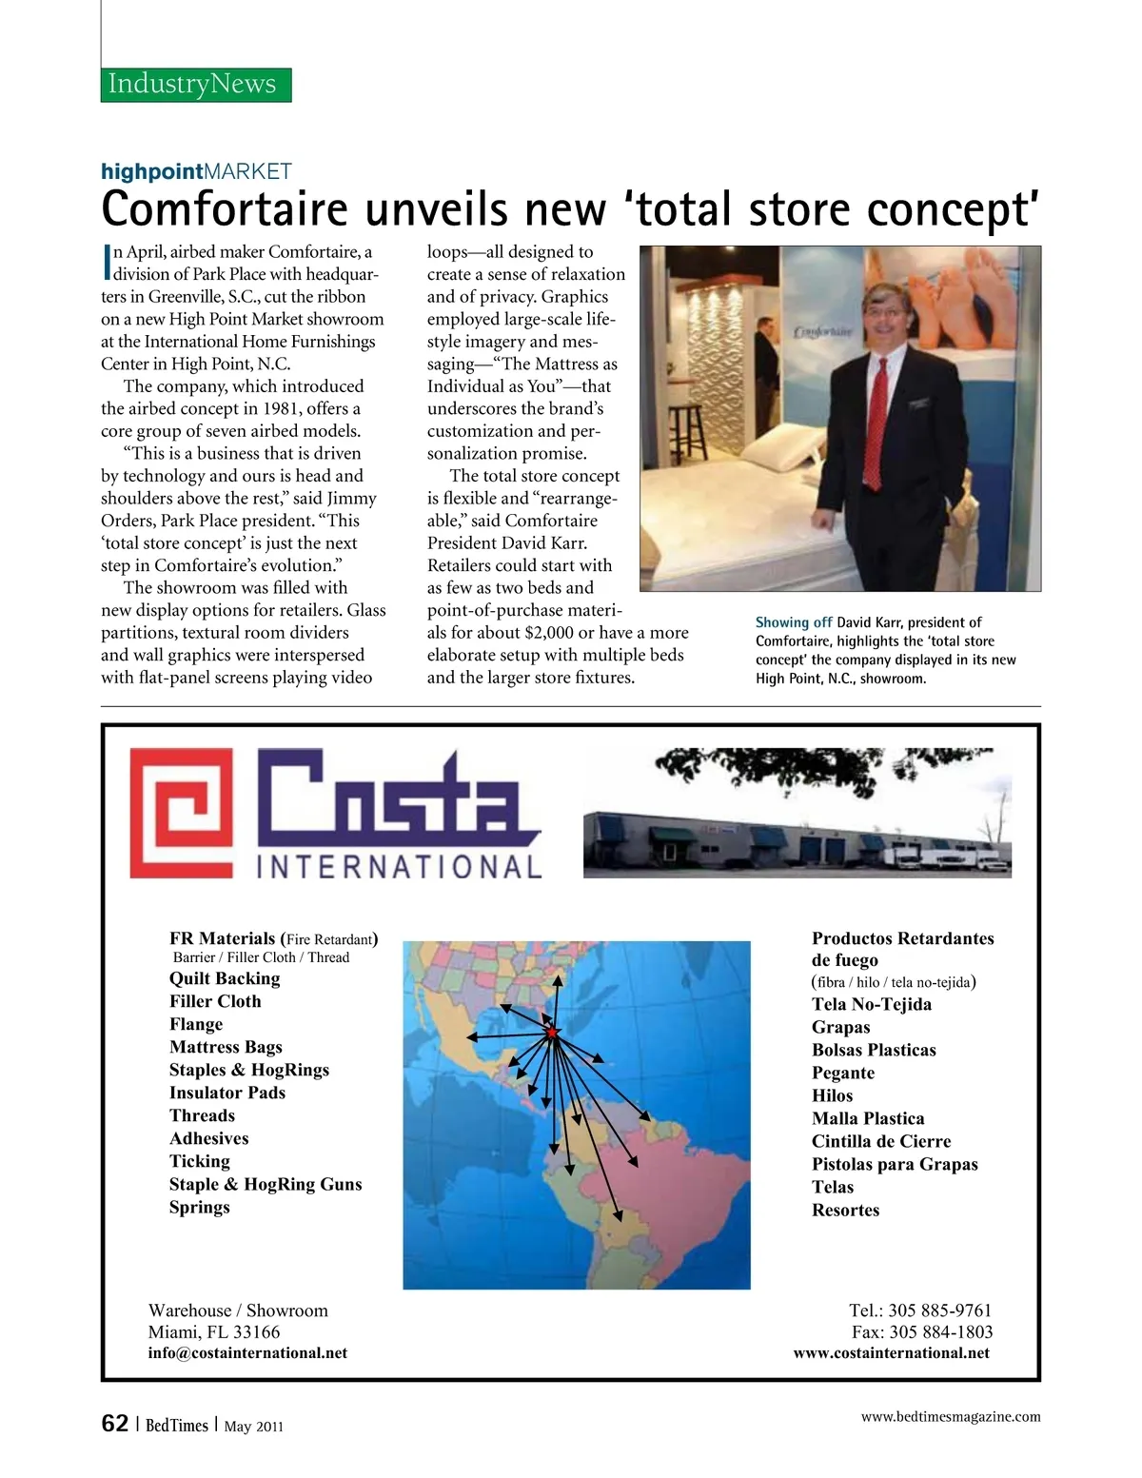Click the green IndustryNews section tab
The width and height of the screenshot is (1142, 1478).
click(196, 84)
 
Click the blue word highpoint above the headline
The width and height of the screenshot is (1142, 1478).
click(152, 172)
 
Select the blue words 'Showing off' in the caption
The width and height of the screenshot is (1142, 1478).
click(793, 622)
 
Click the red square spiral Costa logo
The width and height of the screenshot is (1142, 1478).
click(181, 813)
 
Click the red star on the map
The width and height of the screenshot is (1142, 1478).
click(551, 1033)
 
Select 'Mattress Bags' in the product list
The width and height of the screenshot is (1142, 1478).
click(226, 1047)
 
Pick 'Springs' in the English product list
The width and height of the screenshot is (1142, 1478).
click(200, 1207)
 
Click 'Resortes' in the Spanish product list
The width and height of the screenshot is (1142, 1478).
click(845, 1210)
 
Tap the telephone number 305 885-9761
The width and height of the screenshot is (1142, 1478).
click(939, 1310)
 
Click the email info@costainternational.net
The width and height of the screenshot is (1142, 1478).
click(247, 1352)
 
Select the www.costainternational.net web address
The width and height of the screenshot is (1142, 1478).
click(891, 1352)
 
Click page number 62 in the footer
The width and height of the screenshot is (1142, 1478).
click(114, 1424)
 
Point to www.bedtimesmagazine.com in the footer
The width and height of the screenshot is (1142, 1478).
click(950, 1416)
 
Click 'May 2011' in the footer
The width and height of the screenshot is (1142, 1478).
click(253, 1426)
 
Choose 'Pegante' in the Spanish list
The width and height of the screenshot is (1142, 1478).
click(842, 1073)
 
